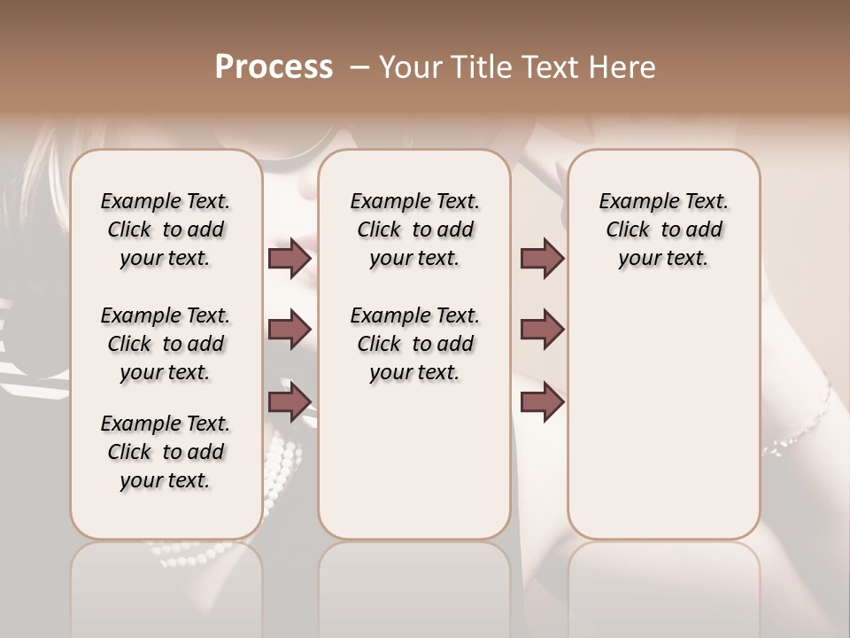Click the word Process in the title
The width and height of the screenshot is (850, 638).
point(274,67)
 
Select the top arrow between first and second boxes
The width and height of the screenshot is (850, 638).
point(290,258)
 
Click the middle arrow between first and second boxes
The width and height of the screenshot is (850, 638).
point(290,330)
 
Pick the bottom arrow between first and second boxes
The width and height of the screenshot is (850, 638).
point(290,401)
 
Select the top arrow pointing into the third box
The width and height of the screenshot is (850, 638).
point(542,258)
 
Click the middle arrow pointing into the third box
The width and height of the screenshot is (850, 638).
point(542,330)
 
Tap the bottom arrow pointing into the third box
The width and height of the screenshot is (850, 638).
point(542,401)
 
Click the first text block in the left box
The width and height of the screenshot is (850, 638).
point(166,230)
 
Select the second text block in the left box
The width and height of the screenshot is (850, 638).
point(166,344)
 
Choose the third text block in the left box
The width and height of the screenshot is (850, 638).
point(166,452)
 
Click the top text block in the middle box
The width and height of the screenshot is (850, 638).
point(414,230)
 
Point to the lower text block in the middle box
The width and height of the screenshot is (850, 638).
point(414,344)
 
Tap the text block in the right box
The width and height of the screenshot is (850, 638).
point(663,230)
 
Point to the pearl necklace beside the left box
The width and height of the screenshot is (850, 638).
point(285,461)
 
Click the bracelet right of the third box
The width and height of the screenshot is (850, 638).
point(801,425)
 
